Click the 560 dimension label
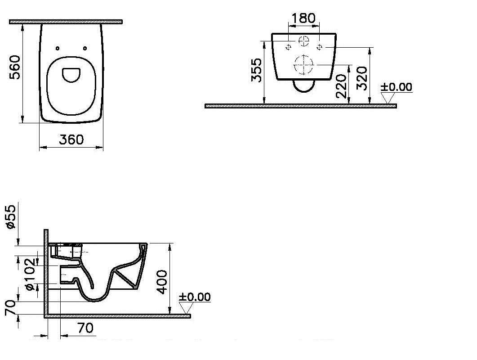tap(15, 67)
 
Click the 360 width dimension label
tap(71, 139)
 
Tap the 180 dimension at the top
tap(303, 18)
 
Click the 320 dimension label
tap(362, 78)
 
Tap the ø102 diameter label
tap(31, 274)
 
